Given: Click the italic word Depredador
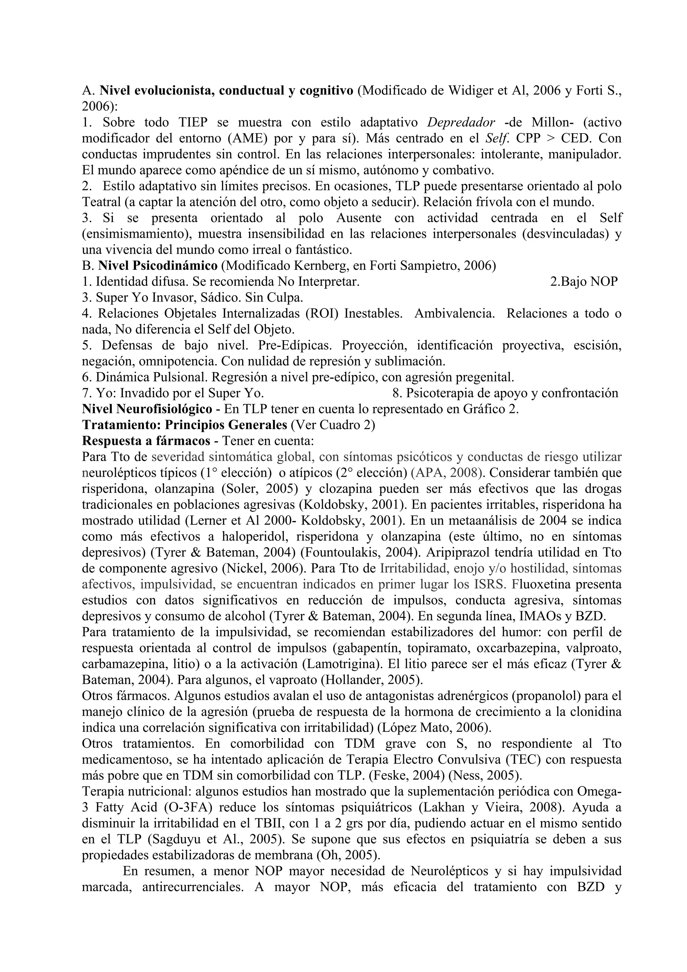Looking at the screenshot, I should (461, 122).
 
